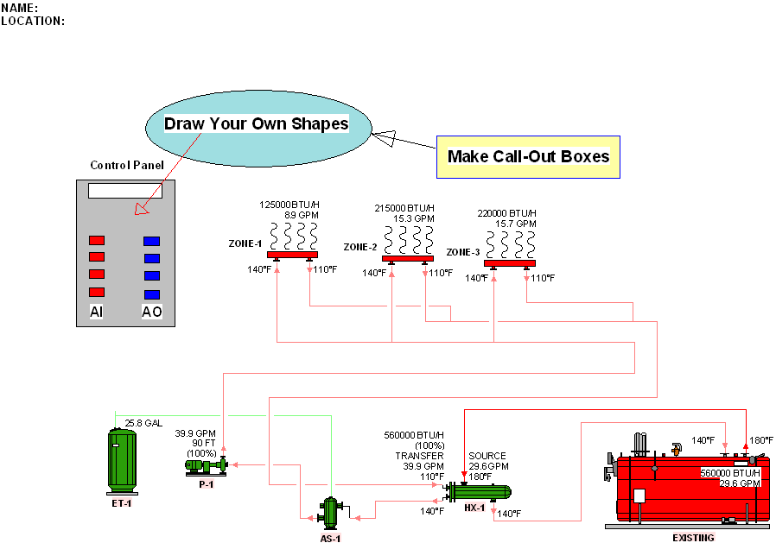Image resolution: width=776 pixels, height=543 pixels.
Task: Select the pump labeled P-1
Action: [206, 465]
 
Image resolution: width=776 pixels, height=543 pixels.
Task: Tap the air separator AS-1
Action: [330, 512]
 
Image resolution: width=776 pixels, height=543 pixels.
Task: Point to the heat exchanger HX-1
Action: [477, 492]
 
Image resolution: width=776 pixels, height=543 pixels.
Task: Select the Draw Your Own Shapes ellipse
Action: [256, 124]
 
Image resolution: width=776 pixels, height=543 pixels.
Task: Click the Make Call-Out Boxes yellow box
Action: [528, 157]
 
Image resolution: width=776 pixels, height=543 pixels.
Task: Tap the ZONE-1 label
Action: [245, 243]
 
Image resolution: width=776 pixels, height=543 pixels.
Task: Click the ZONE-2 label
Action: [360, 247]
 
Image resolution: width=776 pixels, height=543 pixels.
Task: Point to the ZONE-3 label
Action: [463, 252]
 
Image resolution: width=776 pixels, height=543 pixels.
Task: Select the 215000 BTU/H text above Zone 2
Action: [403, 208]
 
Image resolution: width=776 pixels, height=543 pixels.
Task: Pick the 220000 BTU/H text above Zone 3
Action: [506, 213]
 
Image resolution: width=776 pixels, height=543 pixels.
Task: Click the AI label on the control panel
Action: [97, 312]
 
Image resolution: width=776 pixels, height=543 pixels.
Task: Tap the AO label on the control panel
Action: [151, 312]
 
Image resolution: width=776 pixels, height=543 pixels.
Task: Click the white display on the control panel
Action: [124, 191]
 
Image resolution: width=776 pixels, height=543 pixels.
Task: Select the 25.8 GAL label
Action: [143, 423]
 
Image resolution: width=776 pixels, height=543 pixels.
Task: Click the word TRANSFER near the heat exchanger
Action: [419, 456]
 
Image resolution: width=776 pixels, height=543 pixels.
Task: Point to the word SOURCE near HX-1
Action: [487, 456]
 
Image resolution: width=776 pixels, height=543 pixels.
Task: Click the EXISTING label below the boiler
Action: [693, 538]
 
